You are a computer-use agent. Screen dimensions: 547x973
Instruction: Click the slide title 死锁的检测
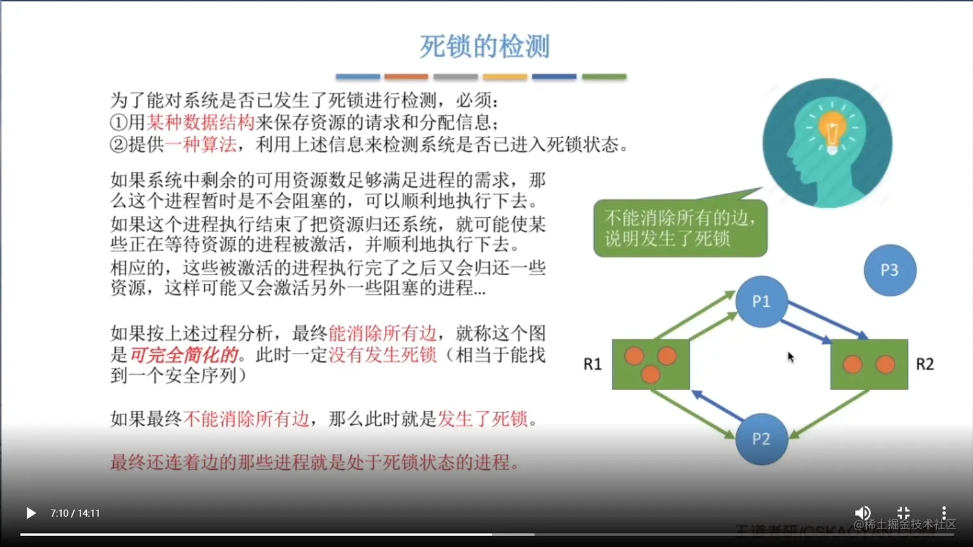485,47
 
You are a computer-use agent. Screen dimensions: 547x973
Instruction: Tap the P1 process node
761,301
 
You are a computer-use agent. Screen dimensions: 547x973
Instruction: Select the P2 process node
761,439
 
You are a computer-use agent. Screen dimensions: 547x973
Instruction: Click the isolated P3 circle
889,270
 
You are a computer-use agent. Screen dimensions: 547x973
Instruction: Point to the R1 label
592,364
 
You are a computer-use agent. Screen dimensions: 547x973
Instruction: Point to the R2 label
925,364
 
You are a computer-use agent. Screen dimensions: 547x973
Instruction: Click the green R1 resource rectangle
651,364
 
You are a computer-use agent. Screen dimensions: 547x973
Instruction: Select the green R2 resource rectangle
869,364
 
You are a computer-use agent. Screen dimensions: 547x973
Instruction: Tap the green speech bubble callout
680,228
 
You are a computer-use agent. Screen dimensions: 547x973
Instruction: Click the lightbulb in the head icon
831,129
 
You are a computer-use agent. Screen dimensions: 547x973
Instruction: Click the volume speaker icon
862,513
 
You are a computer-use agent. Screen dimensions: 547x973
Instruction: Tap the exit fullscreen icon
903,513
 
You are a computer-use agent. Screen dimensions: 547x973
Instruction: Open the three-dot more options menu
943,513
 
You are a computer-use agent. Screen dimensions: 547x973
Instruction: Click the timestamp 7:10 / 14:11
75,514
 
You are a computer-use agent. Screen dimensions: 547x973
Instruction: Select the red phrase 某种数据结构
200,122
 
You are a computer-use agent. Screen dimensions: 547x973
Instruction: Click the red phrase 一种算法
200,145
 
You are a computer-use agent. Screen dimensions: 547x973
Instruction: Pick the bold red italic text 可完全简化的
184,355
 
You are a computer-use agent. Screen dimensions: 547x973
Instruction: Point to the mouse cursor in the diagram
790,357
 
